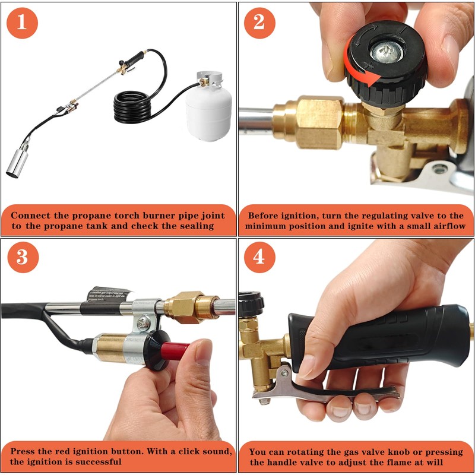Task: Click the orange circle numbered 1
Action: (22, 23)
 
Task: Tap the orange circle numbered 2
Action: (259, 23)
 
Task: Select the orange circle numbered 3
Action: (23, 257)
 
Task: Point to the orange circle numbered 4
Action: (259, 257)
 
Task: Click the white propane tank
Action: (209, 109)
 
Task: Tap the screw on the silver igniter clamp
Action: (143, 323)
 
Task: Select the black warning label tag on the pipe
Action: (109, 294)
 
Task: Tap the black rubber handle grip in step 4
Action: (379, 336)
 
